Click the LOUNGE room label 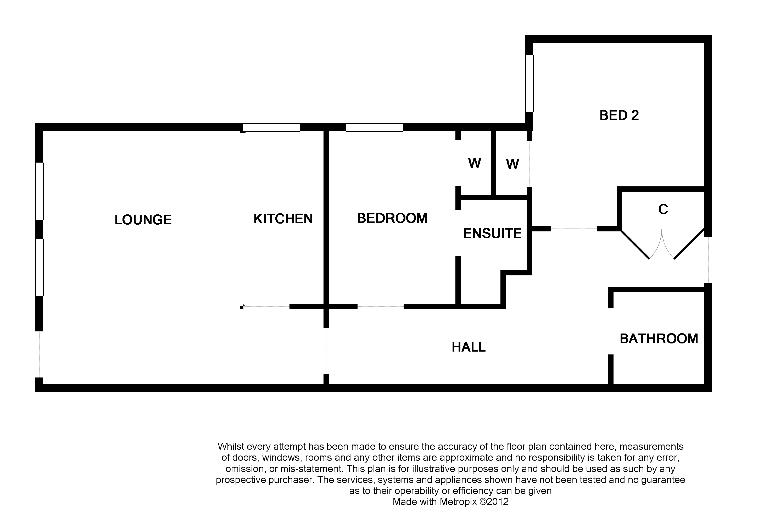[x=143, y=220]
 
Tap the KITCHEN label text [x=283, y=219]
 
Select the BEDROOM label [x=392, y=218]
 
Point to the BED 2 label [x=619, y=115]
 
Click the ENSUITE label [x=492, y=233]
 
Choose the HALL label [x=469, y=347]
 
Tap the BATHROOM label [x=659, y=338]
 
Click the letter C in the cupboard [x=663, y=209]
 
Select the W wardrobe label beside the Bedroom [x=474, y=163]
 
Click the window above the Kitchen [x=271, y=127]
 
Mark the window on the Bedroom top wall [x=374, y=127]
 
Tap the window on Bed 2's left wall [x=529, y=83]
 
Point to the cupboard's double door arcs [x=662, y=245]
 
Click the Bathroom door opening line [x=611, y=331]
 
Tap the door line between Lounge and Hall [x=326, y=351]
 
